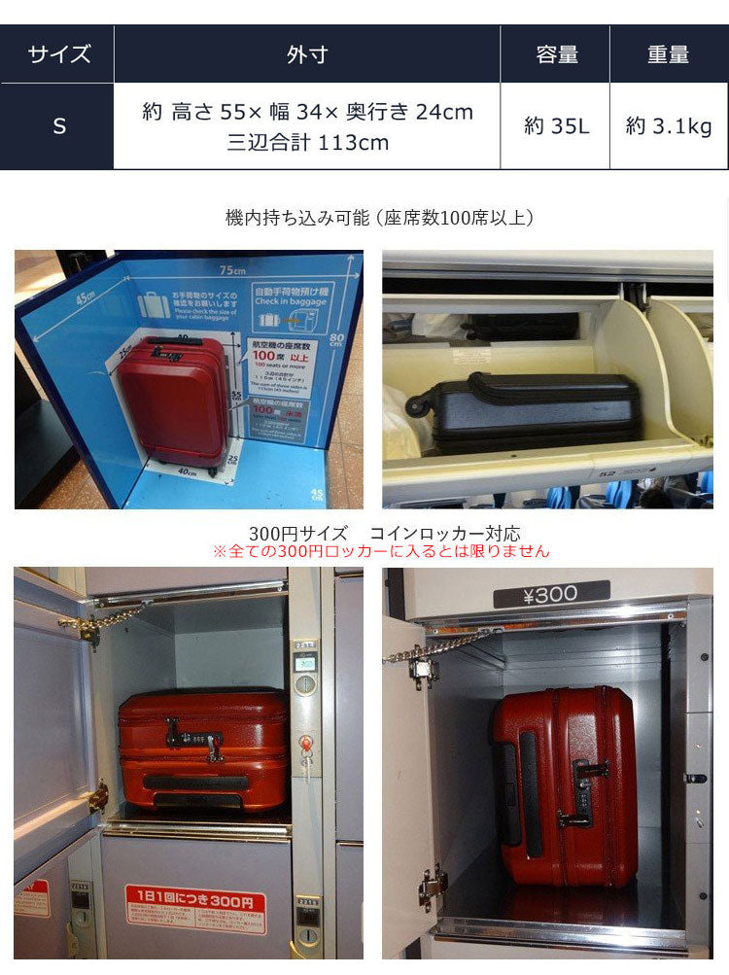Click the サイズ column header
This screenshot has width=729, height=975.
pyautogui.click(x=58, y=54)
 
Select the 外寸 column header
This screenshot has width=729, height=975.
pyautogui.click(x=307, y=54)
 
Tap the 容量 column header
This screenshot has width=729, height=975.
pyautogui.click(x=556, y=54)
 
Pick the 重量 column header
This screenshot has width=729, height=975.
pyautogui.click(x=669, y=54)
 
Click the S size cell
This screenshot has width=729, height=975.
pyautogui.click(x=58, y=126)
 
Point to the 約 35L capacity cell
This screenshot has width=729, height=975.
pyautogui.click(x=556, y=126)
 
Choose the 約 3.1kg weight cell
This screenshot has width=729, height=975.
pyautogui.click(x=669, y=126)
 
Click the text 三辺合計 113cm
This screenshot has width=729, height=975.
pyautogui.click(x=307, y=143)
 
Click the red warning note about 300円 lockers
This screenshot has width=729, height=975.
pyautogui.click(x=381, y=551)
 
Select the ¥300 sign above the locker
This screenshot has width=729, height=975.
pyautogui.click(x=551, y=593)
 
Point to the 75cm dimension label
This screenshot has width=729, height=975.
pyautogui.click(x=232, y=269)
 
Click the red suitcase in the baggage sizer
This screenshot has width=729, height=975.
pyautogui.click(x=173, y=399)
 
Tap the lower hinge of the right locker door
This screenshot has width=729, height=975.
pyautogui.click(x=431, y=888)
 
